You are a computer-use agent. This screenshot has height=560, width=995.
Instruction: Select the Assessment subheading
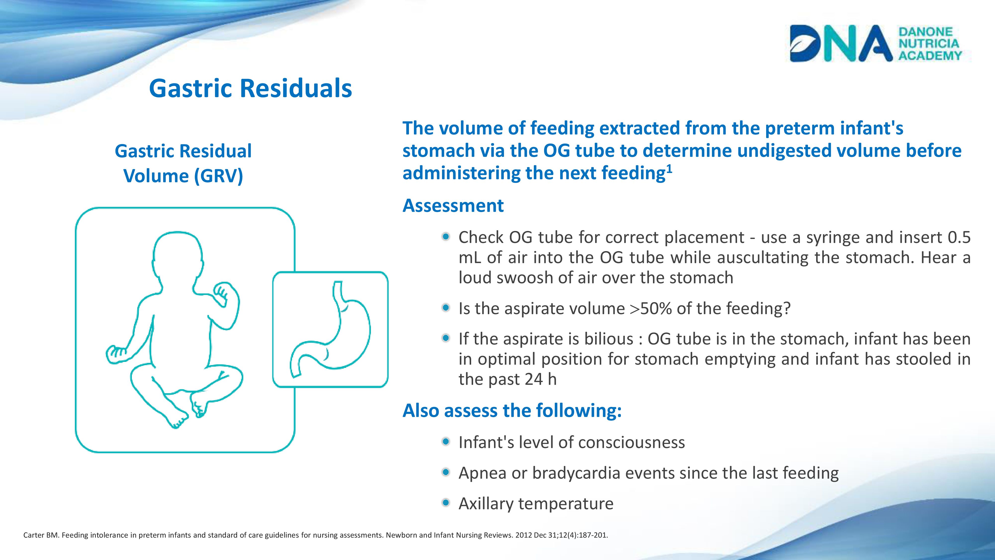click(x=453, y=206)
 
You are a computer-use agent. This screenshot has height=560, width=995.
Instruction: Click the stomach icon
click(x=330, y=329)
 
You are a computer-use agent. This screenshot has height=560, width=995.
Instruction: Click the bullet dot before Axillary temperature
click(x=446, y=503)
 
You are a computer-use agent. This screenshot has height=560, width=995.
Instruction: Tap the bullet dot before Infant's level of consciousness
click(x=446, y=441)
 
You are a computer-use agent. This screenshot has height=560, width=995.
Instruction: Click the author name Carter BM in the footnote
click(x=41, y=535)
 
